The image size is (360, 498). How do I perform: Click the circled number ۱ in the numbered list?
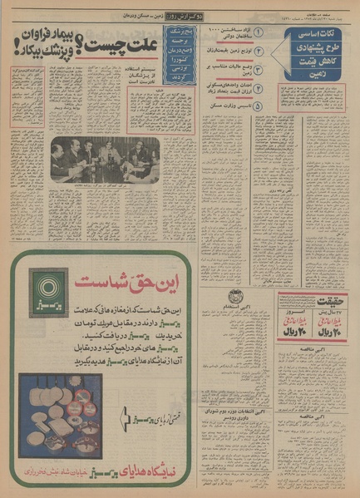(259, 32)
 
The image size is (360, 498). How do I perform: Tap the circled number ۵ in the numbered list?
(259, 106)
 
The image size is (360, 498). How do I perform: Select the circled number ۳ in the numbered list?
(259, 69)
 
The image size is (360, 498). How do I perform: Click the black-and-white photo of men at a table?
(105, 159)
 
